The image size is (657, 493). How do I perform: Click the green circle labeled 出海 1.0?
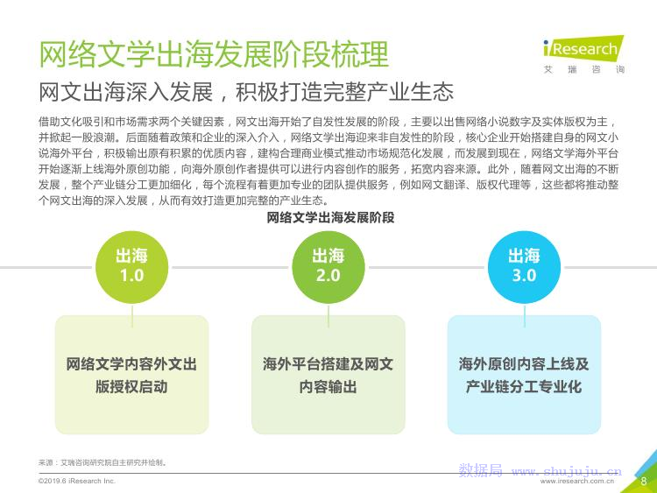(132, 267)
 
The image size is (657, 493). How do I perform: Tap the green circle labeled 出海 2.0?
(328, 267)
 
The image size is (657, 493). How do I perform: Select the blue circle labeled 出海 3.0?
(524, 267)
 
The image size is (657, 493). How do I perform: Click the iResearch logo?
(583, 47)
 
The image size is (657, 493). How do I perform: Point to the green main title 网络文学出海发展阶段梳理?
(214, 54)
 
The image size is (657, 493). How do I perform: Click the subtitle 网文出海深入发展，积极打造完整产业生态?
(246, 92)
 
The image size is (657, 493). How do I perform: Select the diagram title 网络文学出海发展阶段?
(330, 218)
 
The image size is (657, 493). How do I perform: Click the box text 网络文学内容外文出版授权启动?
(131, 376)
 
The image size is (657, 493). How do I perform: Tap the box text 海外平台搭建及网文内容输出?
(328, 376)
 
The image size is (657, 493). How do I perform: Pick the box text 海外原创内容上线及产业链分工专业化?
(524, 376)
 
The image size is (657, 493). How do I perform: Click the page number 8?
(644, 481)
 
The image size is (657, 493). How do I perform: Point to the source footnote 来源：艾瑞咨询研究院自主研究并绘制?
(102, 463)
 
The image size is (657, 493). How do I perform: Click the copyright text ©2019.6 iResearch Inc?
(77, 481)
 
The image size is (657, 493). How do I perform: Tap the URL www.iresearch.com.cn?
(577, 482)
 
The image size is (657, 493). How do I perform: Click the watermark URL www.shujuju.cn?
(567, 472)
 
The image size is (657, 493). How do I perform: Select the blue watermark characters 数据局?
(481, 470)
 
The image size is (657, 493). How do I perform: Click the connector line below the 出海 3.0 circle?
(525, 315)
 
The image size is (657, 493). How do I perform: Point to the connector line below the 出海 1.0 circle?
(132, 315)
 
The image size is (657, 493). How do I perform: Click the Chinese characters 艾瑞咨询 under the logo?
(584, 69)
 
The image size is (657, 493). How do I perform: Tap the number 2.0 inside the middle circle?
(328, 275)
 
